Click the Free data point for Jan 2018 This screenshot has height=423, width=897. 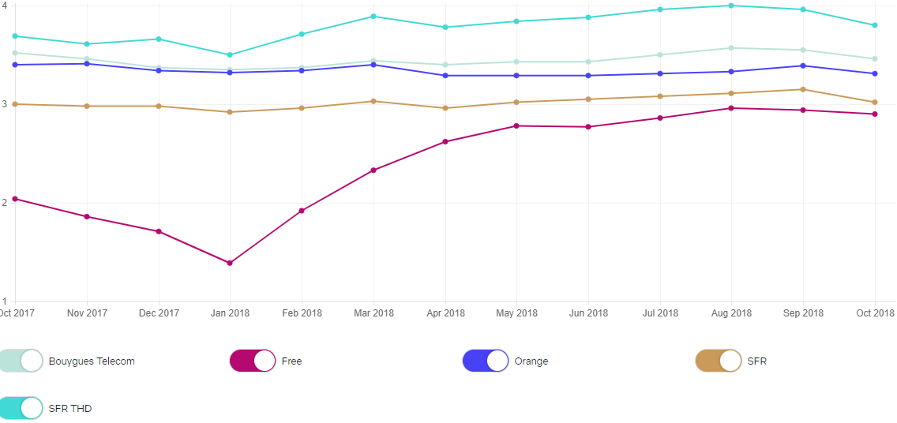tap(230, 263)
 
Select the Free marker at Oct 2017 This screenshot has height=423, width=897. tap(15, 199)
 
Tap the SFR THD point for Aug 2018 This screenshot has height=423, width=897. tap(731, 6)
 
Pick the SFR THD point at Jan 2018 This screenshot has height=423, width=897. tap(230, 54)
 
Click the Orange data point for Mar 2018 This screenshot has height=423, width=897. tap(373, 64)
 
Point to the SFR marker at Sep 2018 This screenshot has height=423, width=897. tap(803, 89)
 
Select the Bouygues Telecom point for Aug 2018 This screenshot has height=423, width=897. tap(731, 48)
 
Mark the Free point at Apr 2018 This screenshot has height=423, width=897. tap(445, 141)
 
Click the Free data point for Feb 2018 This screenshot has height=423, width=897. tap(302, 211)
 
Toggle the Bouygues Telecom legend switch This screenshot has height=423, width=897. tap(21, 361)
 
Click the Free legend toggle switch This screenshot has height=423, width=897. tap(253, 361)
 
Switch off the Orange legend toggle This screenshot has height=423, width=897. tap(486, 361)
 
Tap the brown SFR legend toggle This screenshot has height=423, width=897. tap(719, 361)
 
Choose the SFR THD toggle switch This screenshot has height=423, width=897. tap(21, 408)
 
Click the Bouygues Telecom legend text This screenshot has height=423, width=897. tap(92, 361)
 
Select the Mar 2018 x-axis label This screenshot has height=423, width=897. tap(373, 313)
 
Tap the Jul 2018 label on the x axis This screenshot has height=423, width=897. tap(659, 313)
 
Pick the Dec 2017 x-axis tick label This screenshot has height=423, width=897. tap(159, 313)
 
